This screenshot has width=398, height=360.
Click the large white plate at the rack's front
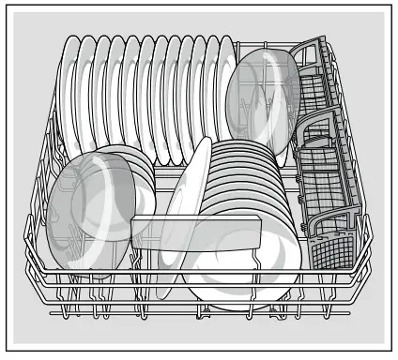coord(235,272)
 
